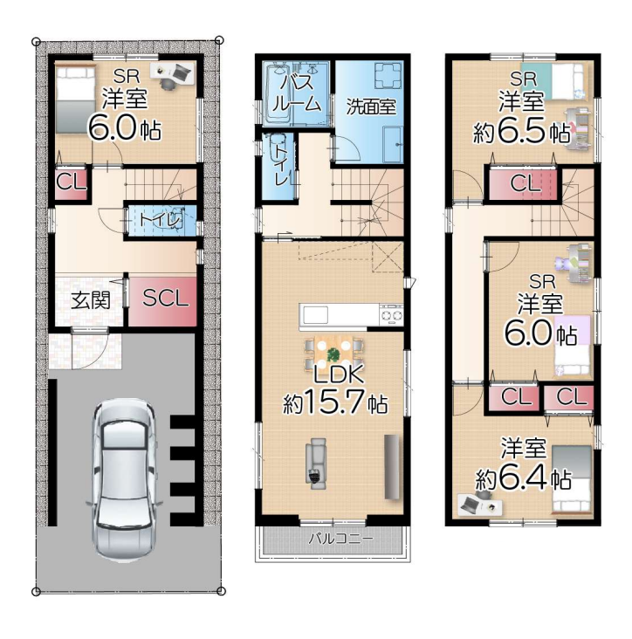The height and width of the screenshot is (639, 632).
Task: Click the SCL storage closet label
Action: coord(166,298)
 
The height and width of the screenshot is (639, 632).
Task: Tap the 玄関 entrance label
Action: coord(91,301)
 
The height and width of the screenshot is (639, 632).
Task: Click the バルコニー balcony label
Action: coord(340,539)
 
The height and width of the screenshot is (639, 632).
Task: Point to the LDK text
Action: coord(338,374)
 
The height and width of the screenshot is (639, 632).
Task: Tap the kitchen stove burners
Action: coord(391,314)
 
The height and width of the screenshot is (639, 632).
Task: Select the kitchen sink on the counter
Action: coord(315,314)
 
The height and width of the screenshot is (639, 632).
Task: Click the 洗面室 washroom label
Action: coord(371,106)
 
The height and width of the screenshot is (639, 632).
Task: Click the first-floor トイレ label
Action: coord(160,220)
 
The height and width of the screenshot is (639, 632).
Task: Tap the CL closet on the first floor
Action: coord(72,184)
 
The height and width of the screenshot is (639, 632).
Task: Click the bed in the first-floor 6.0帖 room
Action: coord(75,100)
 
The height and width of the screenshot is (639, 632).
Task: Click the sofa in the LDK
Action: coord(316,464)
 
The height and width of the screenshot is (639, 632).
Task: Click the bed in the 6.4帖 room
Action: coord(572,478)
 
